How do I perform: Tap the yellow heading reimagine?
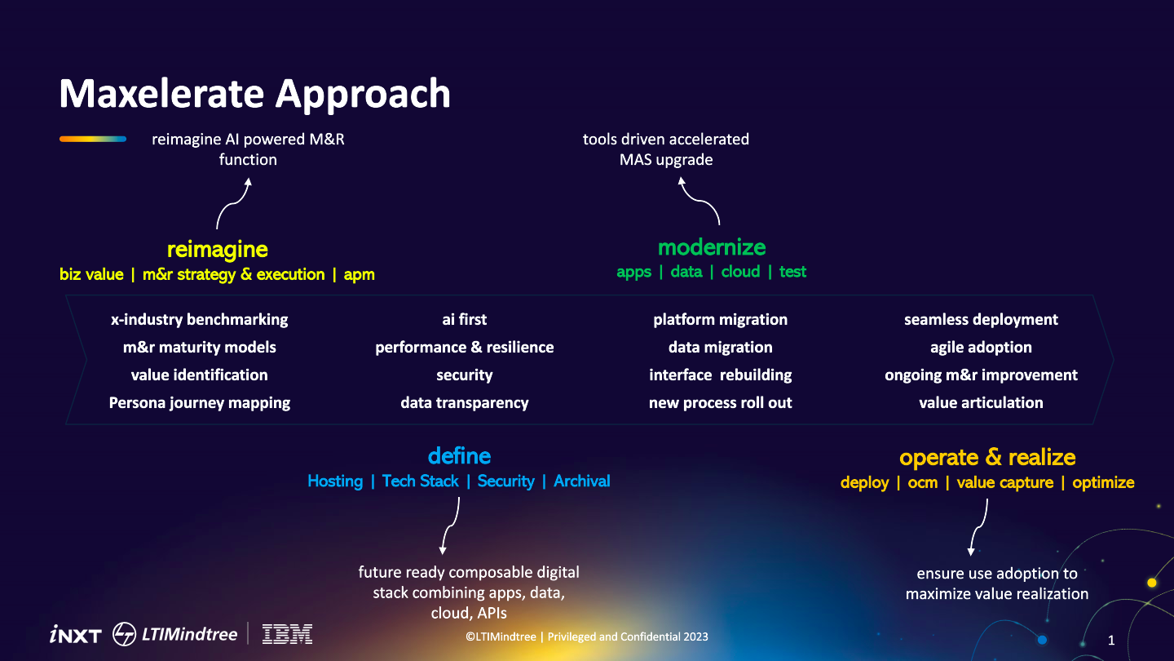(217, 249)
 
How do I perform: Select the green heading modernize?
(712, 246)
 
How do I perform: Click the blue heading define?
(459, 455)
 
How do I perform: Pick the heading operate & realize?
(986, 457)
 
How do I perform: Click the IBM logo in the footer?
(287, 634)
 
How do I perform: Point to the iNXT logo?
(75, 635)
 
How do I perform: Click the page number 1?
(1110, 641)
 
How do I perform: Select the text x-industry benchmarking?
(199, 319)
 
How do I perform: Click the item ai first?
(464, 319)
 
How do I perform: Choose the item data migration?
(720, 347)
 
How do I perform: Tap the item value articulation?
(981, 402)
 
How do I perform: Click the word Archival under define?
(581, 481)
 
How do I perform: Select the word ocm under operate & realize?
(922, 482)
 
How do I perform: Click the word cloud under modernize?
(740, 272)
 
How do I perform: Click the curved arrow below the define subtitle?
(450, 526)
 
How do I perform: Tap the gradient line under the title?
(92, 140)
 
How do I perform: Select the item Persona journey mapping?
(199, 402)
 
